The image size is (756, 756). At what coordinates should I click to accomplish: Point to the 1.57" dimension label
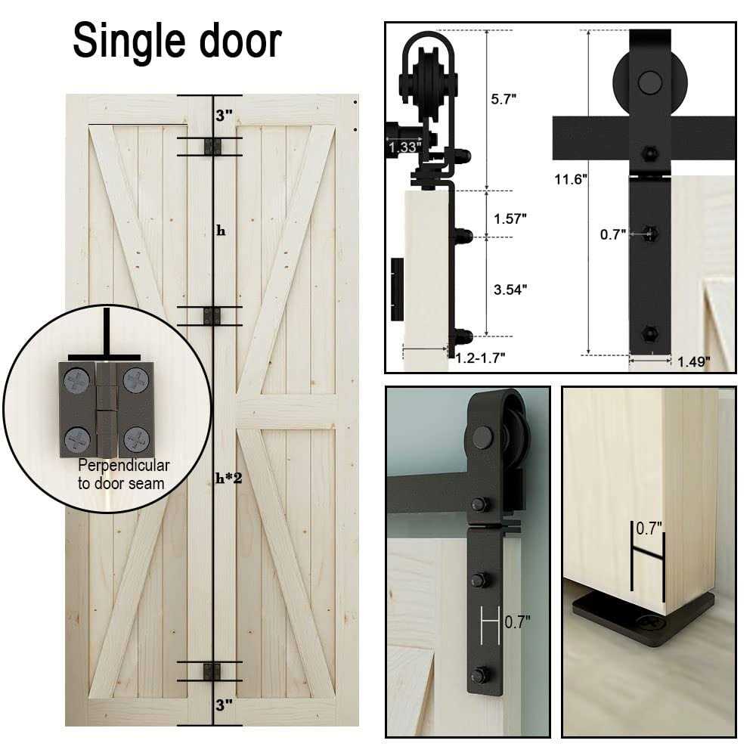point(510,217)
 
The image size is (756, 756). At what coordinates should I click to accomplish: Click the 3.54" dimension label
point(510,288)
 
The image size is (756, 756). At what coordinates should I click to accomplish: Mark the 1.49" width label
point(693,362)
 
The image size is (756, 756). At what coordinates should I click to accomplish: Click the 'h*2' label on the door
point(228,477)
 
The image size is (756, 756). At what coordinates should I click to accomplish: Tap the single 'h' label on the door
point(221,231)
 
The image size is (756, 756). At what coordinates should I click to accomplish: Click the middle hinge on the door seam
point(212,316)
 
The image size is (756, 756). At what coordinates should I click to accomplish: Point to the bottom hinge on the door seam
point(212,671)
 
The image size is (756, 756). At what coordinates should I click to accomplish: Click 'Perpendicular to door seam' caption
point(123,474)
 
